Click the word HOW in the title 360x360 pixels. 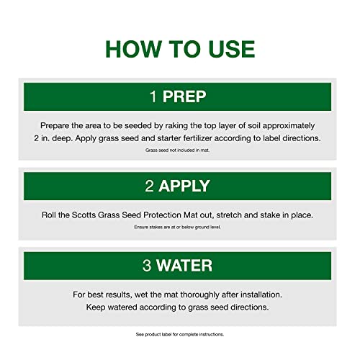(133, 49)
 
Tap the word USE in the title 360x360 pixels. (232, 49)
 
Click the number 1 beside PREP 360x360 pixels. (153, 96)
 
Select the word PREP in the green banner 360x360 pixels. (184, 96)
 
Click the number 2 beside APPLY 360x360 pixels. (149, 186)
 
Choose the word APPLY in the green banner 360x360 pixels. (184, 186)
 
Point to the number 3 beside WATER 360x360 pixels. (147, 266)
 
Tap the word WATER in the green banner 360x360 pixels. (184, 266)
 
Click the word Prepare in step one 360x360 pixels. (55, 126)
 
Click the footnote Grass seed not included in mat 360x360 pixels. (177, 150)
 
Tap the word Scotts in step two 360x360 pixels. (84, 215)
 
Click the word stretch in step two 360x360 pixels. (229, 215)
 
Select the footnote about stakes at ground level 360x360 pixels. (177, 227)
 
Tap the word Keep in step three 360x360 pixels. (96, 307)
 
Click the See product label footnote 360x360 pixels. (180, 334)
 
